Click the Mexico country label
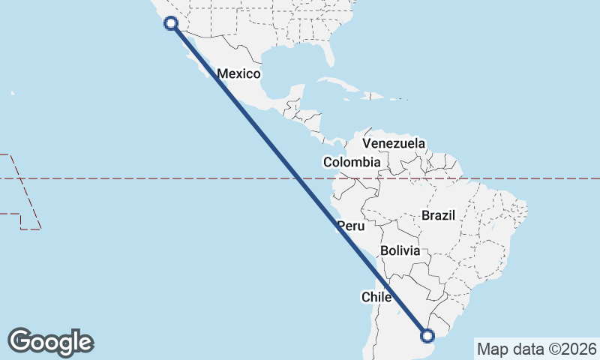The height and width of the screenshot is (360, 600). (x=238, y=73)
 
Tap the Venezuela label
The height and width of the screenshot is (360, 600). (x=394, y=143)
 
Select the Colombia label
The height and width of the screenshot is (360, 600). (x=352, y=162)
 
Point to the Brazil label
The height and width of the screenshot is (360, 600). (x=439, y=215)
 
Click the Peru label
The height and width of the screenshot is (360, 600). (x=350, y=226)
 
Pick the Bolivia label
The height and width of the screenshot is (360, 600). (x=400, y=250)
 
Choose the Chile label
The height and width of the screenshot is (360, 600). (x=377, y=297)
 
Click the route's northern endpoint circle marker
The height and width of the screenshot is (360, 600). (x=171, y=23)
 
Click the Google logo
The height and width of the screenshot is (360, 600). (x=50, y=342)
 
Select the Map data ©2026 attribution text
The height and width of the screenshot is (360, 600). (x=537, y=349)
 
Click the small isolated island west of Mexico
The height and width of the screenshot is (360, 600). (x=13, y=93)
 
